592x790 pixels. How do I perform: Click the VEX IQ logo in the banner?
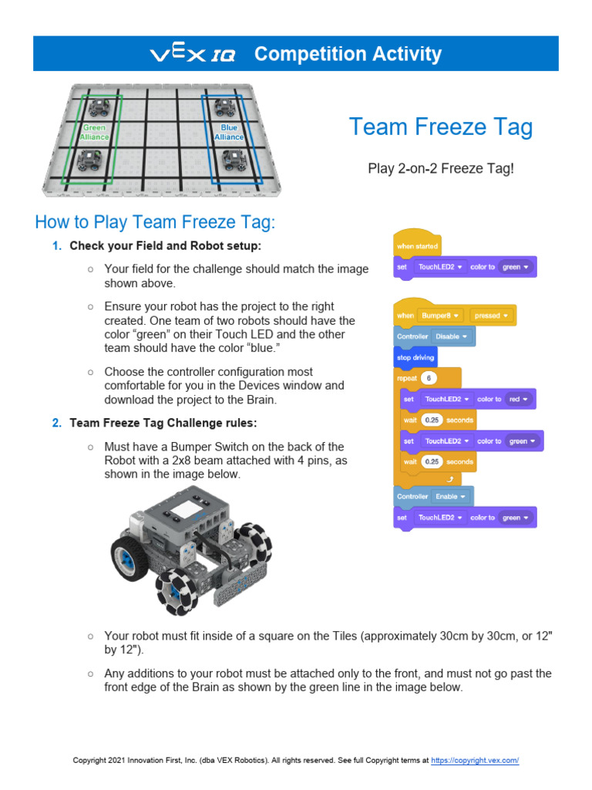tap(193, 54)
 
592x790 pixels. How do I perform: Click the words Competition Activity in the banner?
tap(348, 54)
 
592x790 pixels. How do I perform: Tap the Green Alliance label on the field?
tap(96, 133)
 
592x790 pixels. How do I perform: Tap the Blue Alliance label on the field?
tap(229, 133)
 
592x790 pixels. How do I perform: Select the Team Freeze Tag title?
tap(440, 127)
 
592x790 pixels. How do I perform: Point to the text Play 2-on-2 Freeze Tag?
tap(440, 167)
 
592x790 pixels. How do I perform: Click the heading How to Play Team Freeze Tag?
tap(155, 223)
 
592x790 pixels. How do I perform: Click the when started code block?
tap(417, 246)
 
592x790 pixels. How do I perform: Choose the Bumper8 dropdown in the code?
tap(440, 316)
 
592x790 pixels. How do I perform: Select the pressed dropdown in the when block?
tap(492, 316)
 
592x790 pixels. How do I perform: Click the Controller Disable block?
tap(434, 337)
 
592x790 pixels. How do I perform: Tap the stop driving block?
tap(415, 358)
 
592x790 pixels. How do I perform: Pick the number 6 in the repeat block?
tap(429, 379)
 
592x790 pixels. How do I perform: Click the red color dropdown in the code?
tap(517, 400)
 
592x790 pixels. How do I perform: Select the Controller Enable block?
tap(433, 497)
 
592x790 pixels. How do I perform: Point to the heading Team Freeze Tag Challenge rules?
tap(168, 423)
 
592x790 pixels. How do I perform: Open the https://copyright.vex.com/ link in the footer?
tap(475, 761)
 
